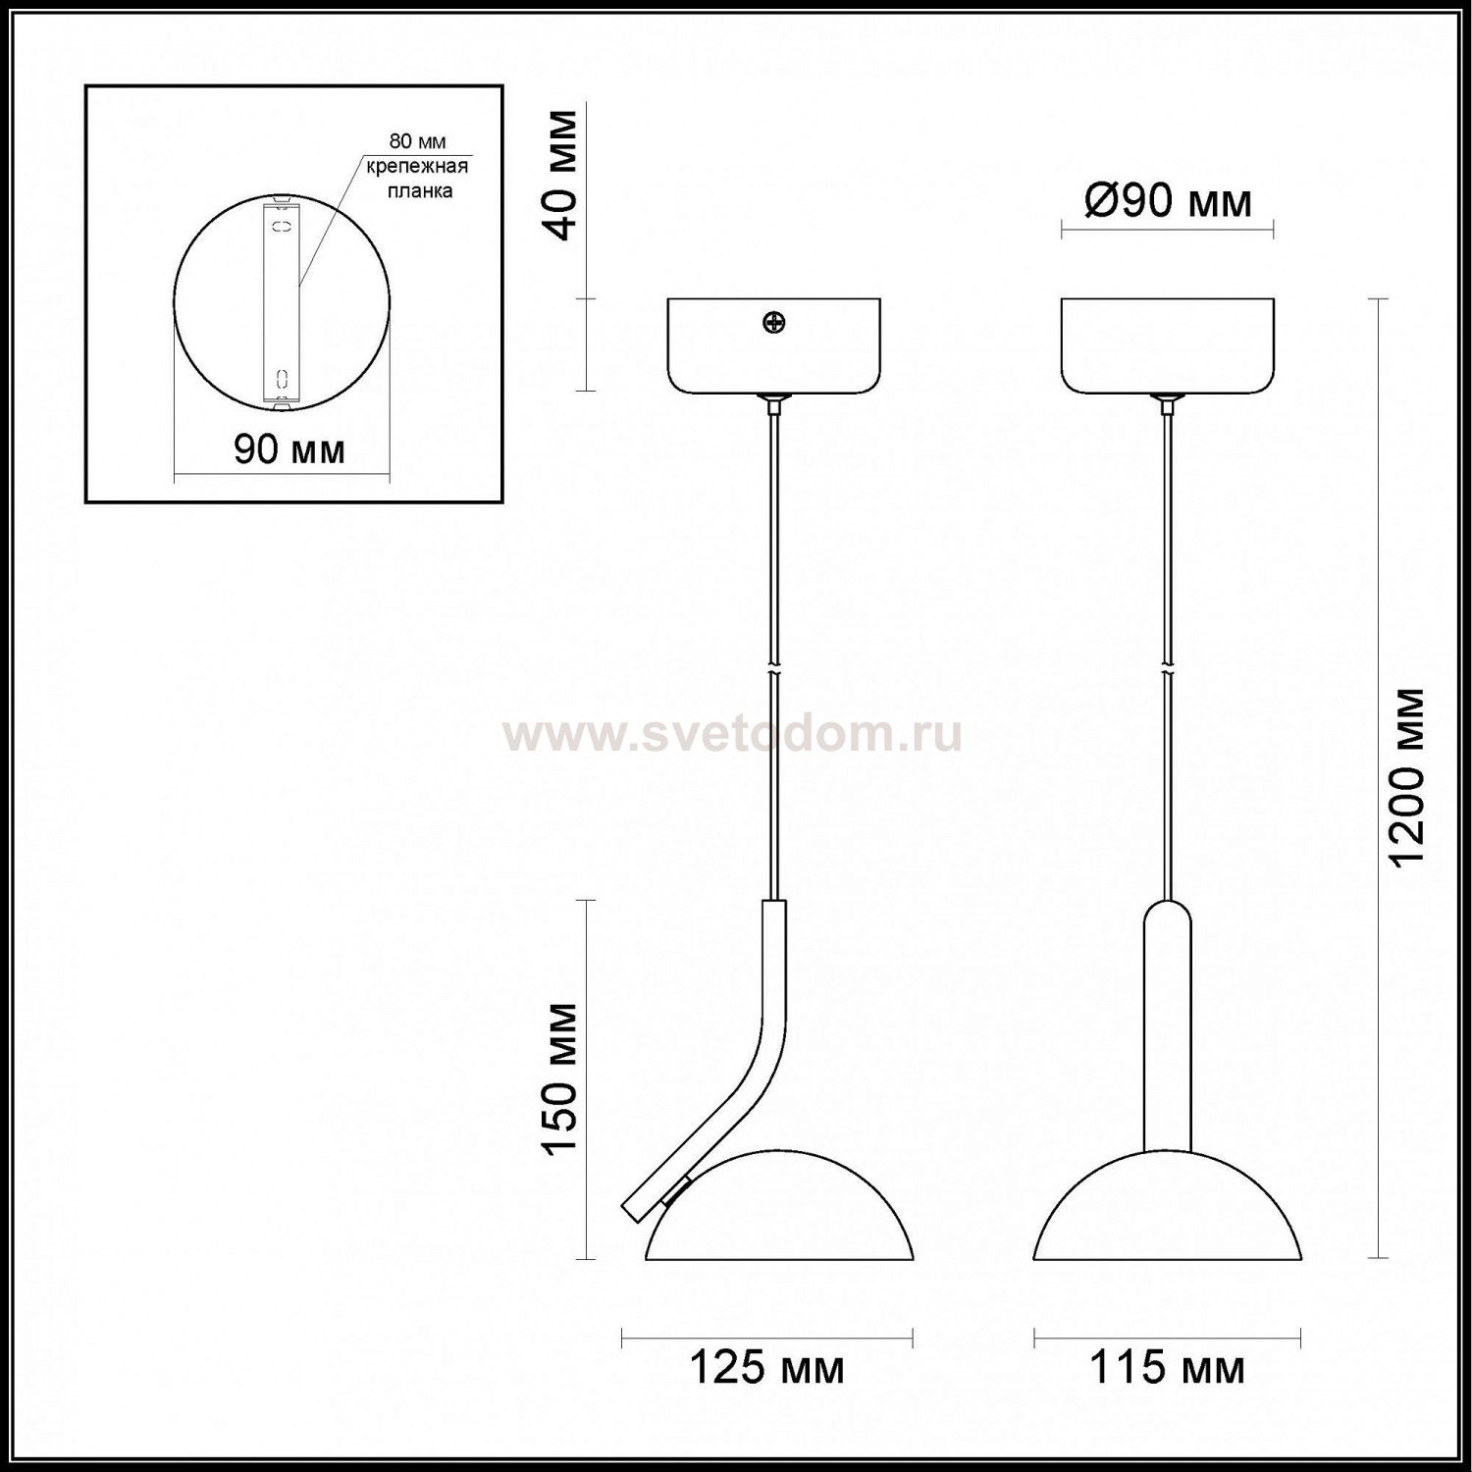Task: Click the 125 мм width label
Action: pyautogui.click(x=767, y=1367)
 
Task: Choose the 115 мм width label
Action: pyautogui.click(x=1168, y=1367)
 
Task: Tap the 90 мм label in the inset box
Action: pyautogui.click(x=289, y=449)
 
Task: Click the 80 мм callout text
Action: pyautogui.click(x=417, y=142)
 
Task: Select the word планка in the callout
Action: pyautogui.click(x=419, y=190)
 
